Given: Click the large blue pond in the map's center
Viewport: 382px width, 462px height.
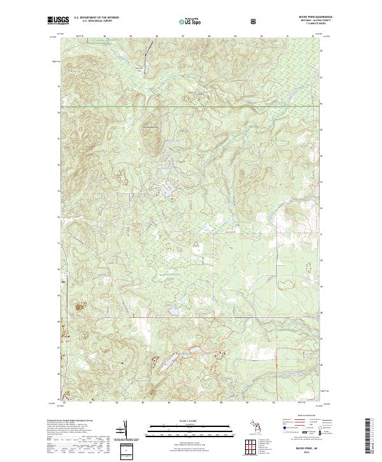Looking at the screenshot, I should tap(166, 191).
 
